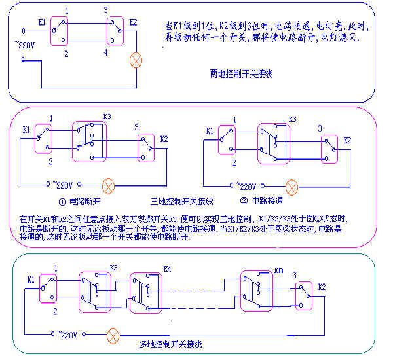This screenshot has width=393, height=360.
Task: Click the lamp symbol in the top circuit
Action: (136, 61)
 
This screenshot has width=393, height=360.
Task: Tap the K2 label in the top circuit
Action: (134, 22)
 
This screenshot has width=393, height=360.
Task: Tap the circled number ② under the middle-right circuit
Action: (244, 200)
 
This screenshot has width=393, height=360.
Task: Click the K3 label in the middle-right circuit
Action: (292, 120)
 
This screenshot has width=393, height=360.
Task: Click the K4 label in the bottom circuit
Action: (166, 270)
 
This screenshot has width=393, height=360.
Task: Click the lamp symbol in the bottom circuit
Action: (113, 336)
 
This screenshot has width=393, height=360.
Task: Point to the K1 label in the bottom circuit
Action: (31, 279)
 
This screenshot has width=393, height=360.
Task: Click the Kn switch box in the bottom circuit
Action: (256, 289)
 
